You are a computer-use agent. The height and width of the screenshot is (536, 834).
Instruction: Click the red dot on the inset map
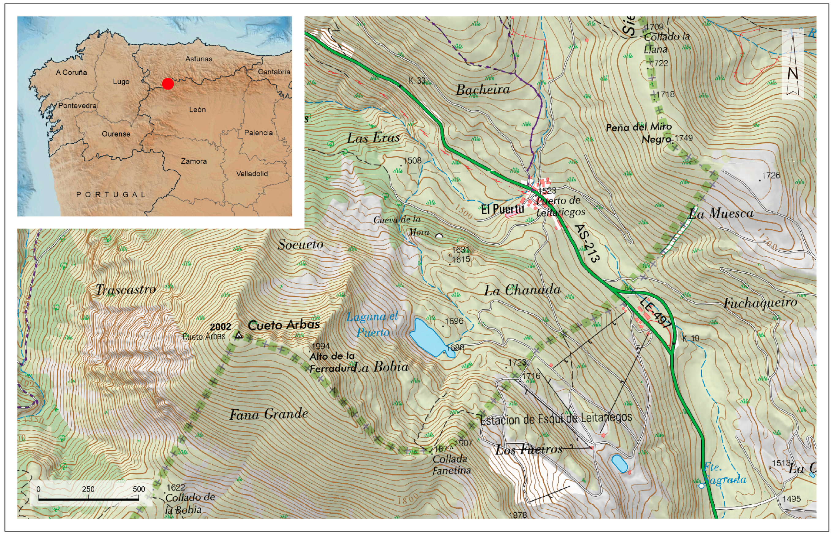(x=168, y=84)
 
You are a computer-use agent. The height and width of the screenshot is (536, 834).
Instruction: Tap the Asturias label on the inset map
(x=199, y=59)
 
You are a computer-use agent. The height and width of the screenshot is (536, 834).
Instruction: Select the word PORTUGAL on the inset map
(x=111, y=194)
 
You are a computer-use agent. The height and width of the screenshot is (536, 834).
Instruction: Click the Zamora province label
(x=194, y=161)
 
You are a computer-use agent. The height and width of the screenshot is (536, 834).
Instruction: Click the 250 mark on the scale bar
(x=88, y=489)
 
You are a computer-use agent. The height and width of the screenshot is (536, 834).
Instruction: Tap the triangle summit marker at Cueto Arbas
(x=239, y=335)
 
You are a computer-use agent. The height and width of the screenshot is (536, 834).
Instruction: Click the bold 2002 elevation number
(x=220, y=327)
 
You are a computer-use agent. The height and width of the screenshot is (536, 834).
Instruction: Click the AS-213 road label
(x=587, y=243)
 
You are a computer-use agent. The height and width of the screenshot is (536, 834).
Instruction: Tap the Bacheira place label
(x=483, y=90)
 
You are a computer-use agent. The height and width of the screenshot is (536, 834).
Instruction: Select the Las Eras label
(x=373, y=138)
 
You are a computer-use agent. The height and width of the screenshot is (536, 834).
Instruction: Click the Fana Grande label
(x=269, y=414)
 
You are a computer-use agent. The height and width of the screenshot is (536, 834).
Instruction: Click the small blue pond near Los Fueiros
(x=619, y=463)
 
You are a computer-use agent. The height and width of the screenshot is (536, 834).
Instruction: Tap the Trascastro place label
(x=126, y=289)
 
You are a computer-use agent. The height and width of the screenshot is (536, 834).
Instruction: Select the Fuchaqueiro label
(x=760, y=303)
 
